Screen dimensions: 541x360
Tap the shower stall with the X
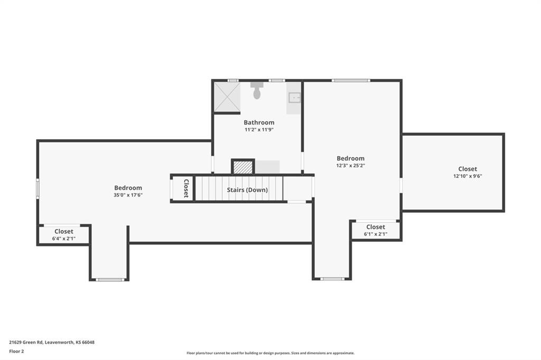point(227,97)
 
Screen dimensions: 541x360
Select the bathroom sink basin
point(294,98)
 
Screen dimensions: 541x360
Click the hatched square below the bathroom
point(243,167)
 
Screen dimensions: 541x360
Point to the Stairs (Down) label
point(247,190)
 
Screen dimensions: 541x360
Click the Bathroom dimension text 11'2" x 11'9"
point(259,130)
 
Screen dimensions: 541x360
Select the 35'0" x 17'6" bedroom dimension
point(128,195)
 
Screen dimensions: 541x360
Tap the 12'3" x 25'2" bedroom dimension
point(351,166)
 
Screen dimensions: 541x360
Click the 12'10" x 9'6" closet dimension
point(468,176)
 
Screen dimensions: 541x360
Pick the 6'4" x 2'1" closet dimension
point(64,239)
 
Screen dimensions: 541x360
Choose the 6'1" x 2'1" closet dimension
point(376,234)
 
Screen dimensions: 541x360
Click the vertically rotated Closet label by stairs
point(186,188)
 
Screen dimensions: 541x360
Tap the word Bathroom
point(259,122)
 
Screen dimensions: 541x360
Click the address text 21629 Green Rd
point(26,343)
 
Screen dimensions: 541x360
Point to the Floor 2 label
point(16,352)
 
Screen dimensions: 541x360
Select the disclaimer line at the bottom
point(270,353)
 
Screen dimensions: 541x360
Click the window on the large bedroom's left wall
point(38,188)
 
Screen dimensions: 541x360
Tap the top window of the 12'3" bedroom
point(351,81)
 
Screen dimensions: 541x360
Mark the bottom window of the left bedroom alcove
point(110,279)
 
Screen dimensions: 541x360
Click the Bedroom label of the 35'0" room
point(128,188)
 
